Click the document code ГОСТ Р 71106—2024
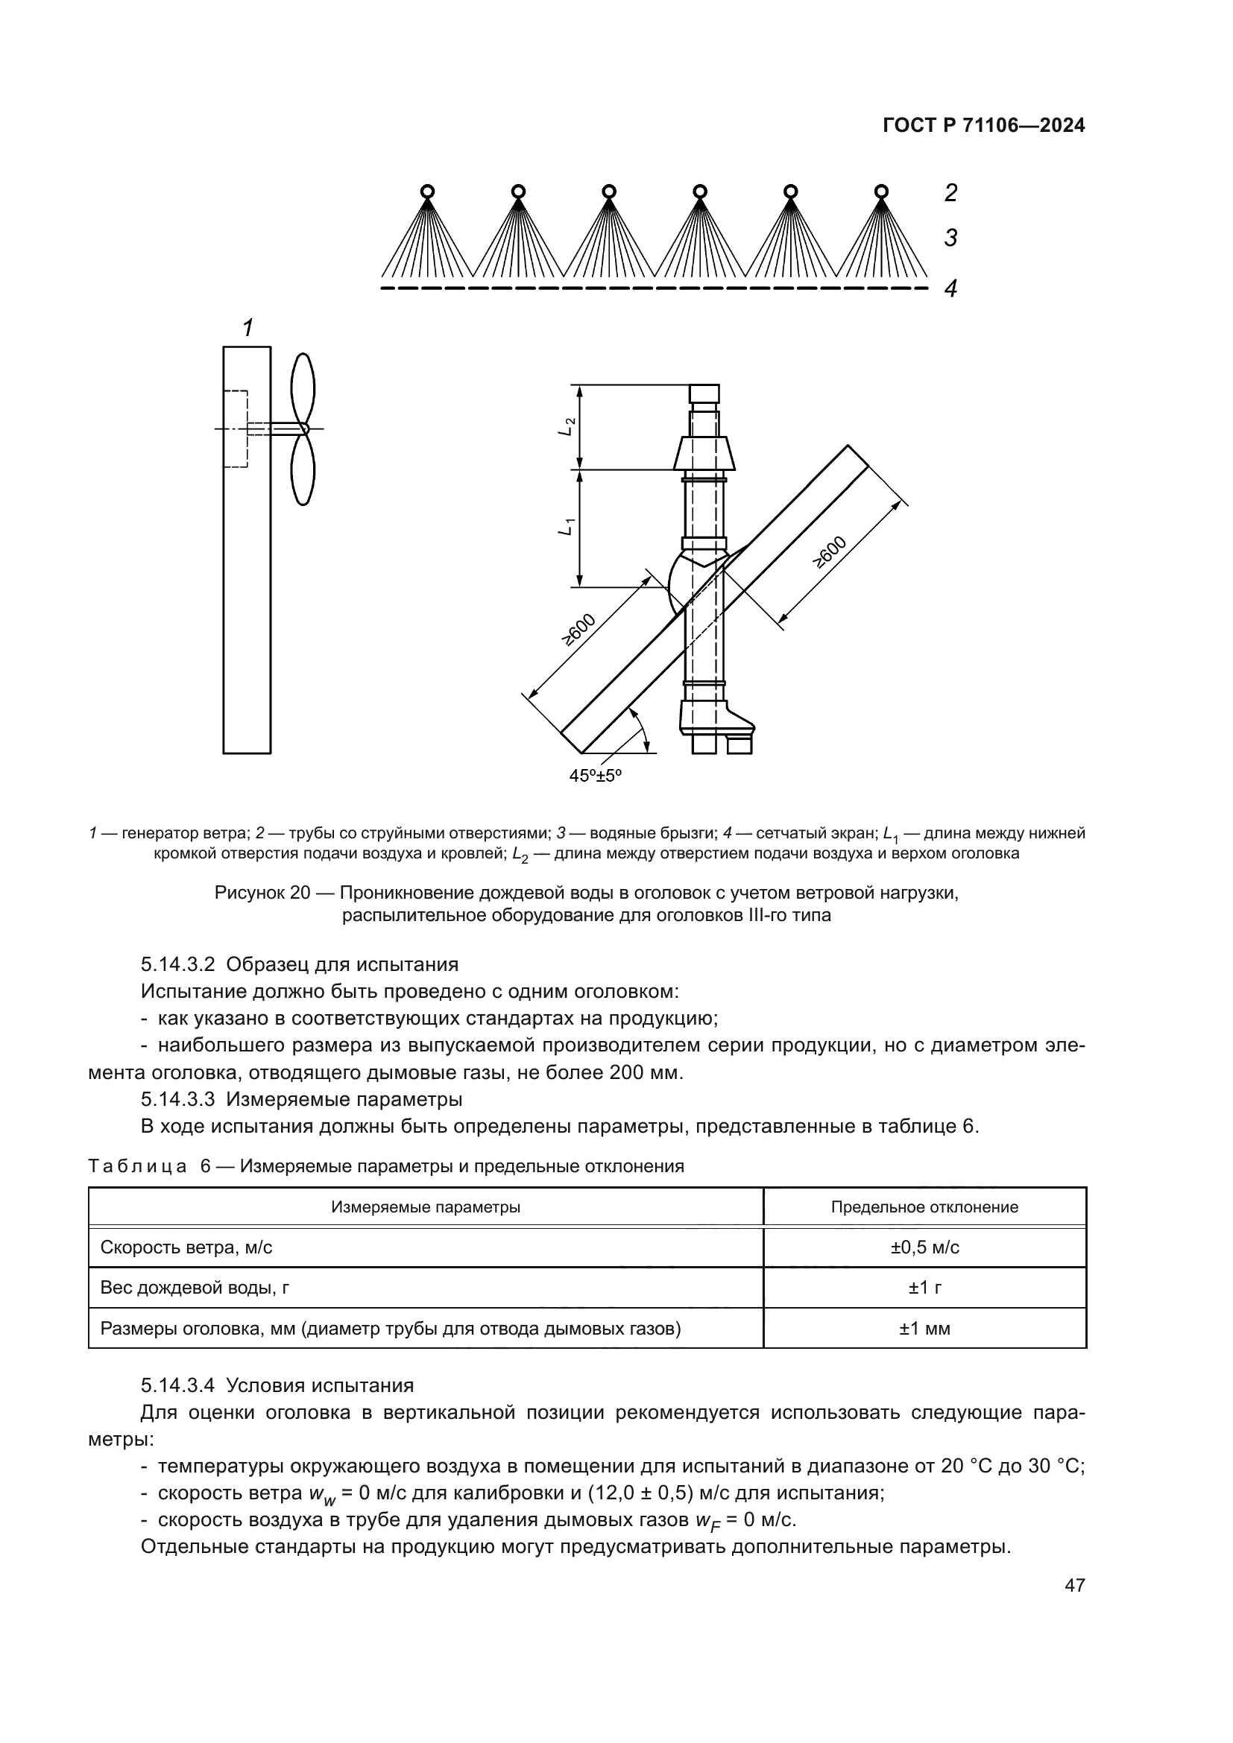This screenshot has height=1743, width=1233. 983,126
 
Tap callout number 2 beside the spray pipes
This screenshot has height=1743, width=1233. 950,194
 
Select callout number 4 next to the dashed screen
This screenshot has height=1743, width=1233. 950,288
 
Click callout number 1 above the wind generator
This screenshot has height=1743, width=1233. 247,328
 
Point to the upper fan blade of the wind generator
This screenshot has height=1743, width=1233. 303,389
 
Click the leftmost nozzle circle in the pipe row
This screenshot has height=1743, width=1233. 427,191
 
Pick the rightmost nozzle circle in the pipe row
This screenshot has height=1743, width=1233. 880,191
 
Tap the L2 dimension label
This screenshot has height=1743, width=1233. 566,427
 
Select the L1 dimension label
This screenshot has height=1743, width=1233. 566,526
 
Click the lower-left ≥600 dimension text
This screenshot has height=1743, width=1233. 578,630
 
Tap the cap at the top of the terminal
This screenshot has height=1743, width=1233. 704,394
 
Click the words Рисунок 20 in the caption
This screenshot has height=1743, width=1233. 262,893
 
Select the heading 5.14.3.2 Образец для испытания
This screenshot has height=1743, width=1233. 299,965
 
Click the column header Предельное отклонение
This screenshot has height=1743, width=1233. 924,1207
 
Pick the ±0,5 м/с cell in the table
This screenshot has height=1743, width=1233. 924,1247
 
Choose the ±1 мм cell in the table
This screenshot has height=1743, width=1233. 924,1329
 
